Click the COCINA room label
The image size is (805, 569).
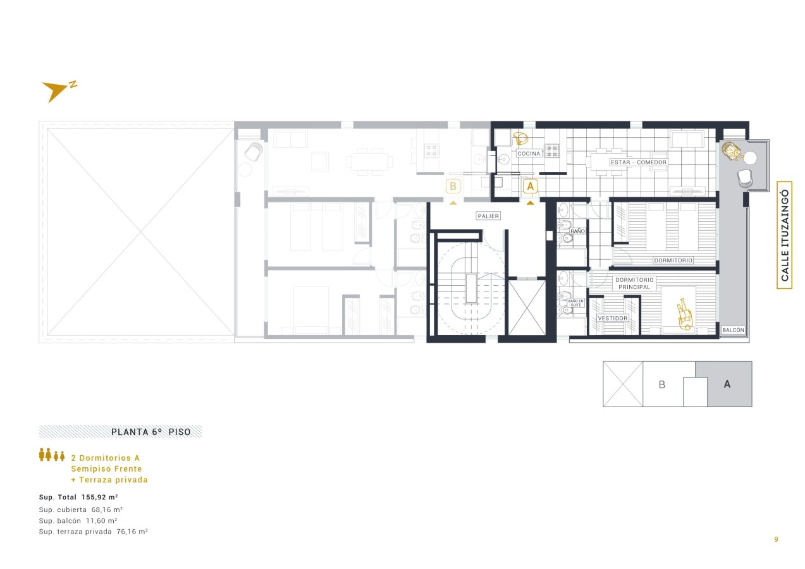point(529,154)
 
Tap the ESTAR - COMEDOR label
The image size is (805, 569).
point(639,162)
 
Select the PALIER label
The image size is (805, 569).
point(488,216)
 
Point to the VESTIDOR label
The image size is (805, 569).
point(612,318)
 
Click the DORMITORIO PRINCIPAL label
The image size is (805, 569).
point(634,283)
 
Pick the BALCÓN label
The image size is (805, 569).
point(733,330)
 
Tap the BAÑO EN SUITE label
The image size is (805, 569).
point(575,303)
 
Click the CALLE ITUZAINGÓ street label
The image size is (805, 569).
point(785,235)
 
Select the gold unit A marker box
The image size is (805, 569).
point(530,187)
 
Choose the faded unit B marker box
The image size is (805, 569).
point(453,186)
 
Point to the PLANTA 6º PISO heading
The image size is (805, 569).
point(151,432)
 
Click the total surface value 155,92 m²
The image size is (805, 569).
point(99,497)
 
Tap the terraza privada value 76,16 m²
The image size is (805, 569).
point(132,532)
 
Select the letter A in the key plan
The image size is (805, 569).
point(727,384)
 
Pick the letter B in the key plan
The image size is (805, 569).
point(661,385)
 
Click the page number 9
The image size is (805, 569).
point(776,539)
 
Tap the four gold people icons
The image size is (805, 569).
point(52,455)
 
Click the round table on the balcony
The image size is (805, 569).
point(749,157)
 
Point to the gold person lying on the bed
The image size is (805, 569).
point(684,314)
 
